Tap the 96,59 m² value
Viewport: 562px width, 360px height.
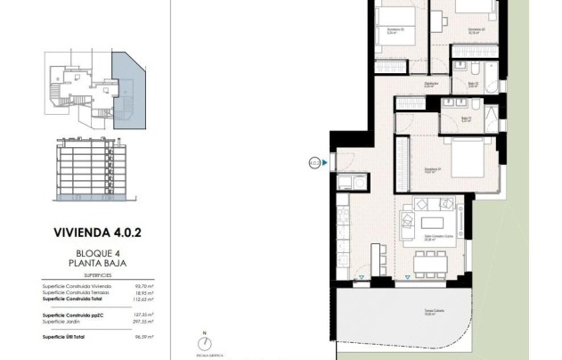tap(142, 338)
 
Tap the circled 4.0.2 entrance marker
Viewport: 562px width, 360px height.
tap(314, 162)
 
